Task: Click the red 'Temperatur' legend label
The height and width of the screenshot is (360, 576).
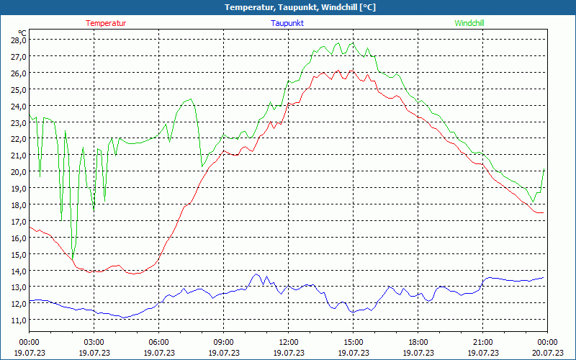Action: (x=106, y=23)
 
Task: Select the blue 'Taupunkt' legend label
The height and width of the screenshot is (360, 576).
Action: (x=287, y=23)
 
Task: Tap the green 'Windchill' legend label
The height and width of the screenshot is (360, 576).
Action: (x=469, y=23)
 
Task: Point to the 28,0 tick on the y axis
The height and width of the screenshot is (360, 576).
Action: (x=18, y=40)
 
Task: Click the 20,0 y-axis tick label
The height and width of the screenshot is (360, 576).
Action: (x=18, y=172)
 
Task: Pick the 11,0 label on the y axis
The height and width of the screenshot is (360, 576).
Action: (x=18, y=320)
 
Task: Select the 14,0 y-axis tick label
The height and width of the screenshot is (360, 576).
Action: (x=18, y=271)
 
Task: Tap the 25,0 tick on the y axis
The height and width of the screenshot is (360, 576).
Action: (x=18, y=89)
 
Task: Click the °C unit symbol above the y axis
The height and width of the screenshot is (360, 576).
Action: (x=22, y=32)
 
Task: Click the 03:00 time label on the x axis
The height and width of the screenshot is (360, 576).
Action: (x=94, y=342)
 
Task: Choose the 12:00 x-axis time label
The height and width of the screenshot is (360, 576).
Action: (x=288, y=342)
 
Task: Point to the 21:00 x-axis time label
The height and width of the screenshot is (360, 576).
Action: (x=482, y=342)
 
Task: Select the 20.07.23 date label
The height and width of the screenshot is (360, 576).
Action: (x=547, y=353)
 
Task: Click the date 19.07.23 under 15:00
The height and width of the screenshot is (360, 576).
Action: (x=353, y=353)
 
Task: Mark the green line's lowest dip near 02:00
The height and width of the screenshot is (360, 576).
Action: (x=73, y=260)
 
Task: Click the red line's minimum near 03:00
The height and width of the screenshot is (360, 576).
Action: (x=91, y=272)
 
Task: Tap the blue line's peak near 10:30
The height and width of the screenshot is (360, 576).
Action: (x=257, y=274)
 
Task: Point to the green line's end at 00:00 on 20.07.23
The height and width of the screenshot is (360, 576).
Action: (x=544, y=170)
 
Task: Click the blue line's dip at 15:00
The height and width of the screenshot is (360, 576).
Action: (x=353, y=312)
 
